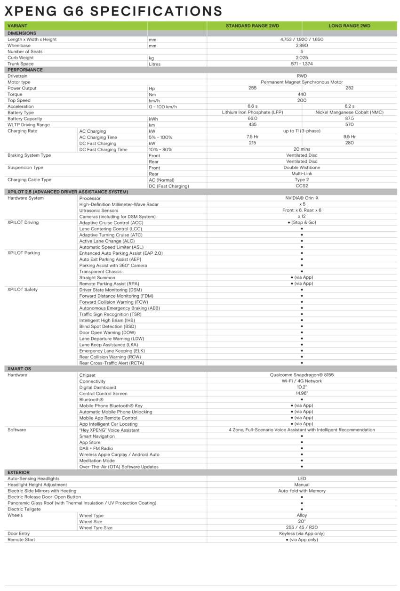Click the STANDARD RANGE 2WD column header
pyautogui.click(x=254, y=26)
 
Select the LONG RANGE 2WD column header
pyautogui.click(x=349, y=26)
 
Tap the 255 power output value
pyautogui.click(x=252, y=88)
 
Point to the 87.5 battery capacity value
pyautogui.click(x=349, y=119)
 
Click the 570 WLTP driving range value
pyautogui.click(x=349, y=125)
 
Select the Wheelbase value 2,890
pyautogui.click(x=302, y=46)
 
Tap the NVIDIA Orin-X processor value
pyautogui.click(x=302, y=198)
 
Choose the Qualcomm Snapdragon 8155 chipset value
pyautogui.click(x=302, y=375)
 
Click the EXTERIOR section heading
pyautogui.click(x=18, y=472)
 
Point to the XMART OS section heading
pyautogui.click(x=19, y=369)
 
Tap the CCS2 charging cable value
pyautogui.click(x=302, y=186)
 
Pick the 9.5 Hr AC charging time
pyautogui.click(x=349, y=137)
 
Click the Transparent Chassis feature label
pyautogui.click(x=101, y=271)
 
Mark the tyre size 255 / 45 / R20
pyautogui.click(x=302, y=527)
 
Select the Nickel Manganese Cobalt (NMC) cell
pyautogui.click(x=349, y=113)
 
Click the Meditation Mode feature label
pyautogui.click(x=97, y=461)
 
